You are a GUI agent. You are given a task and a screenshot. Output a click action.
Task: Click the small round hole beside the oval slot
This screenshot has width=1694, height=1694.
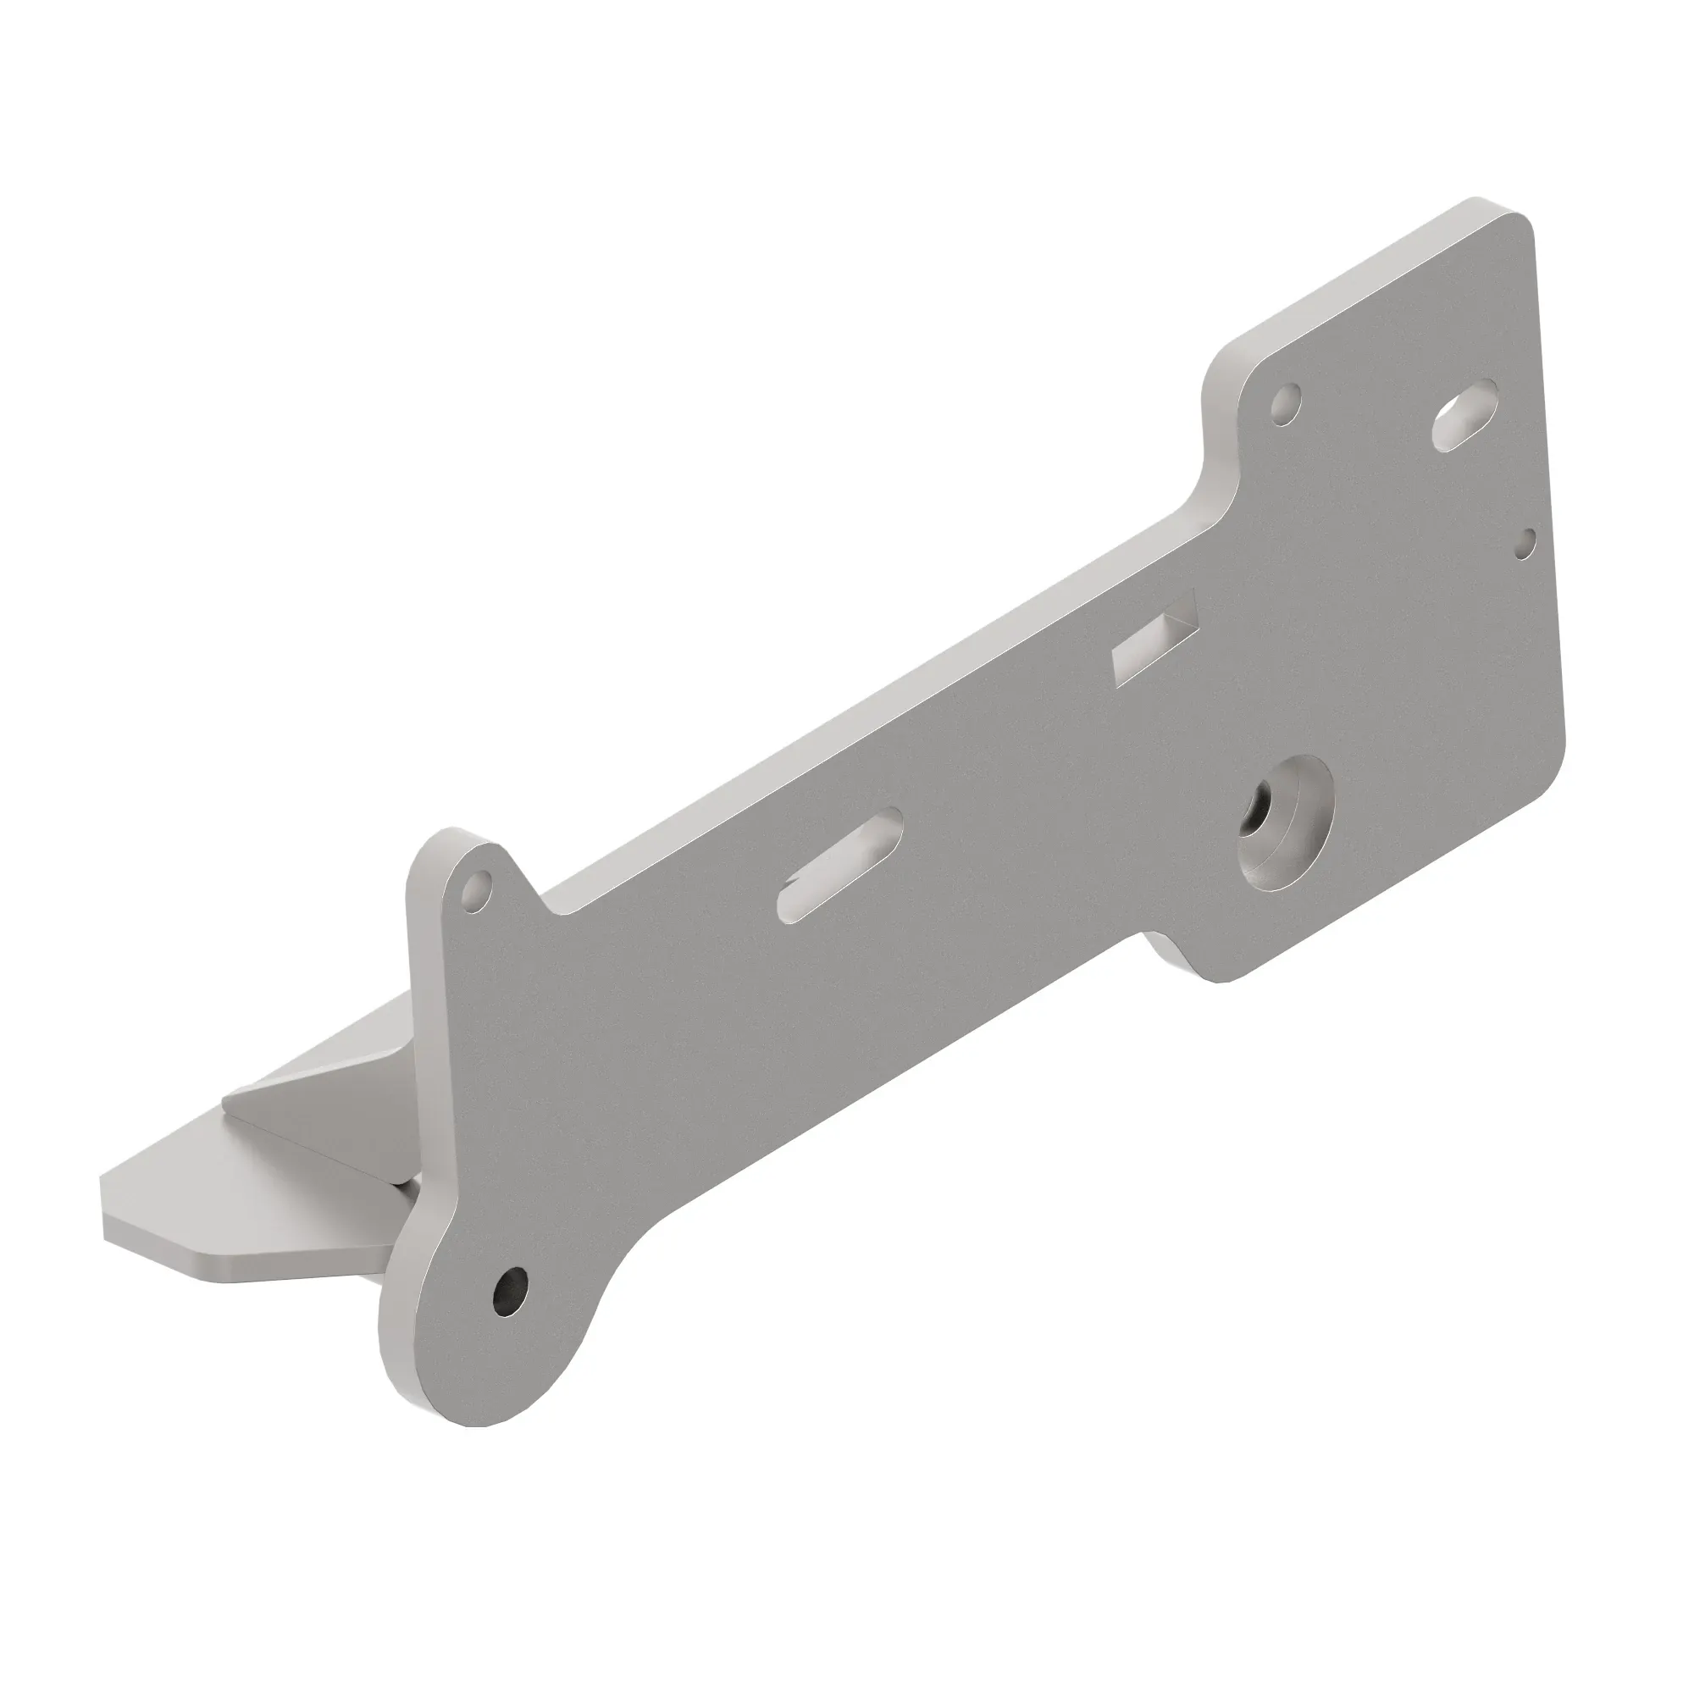coord(1286,404)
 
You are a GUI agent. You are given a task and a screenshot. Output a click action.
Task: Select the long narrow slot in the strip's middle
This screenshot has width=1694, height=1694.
coord(840,864)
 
